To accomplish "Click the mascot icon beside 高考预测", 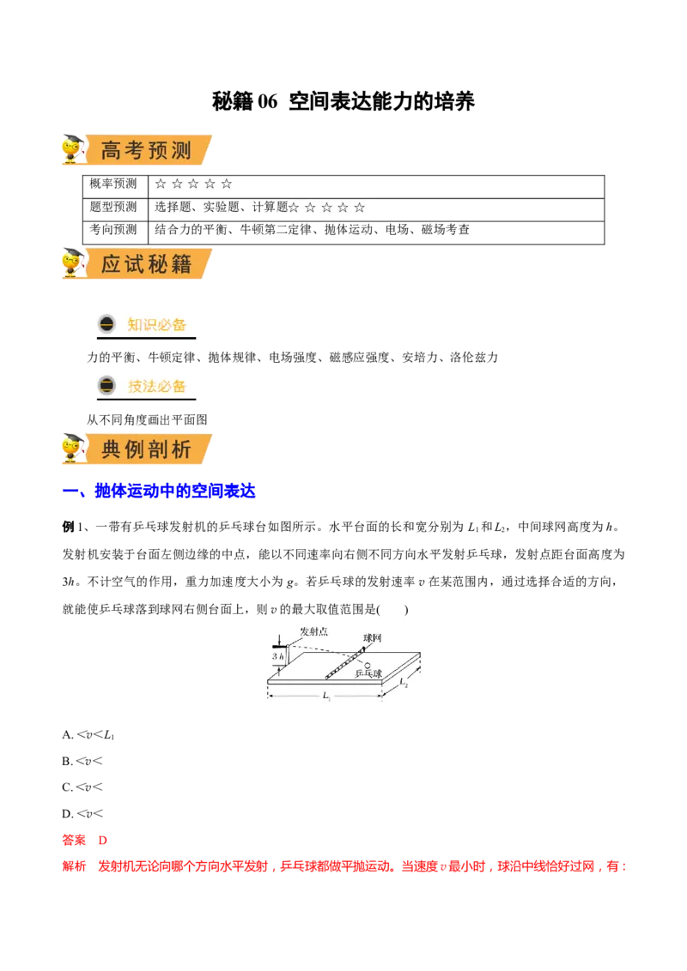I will [x=75, y=151].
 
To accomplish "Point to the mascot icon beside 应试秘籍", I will [x=75, y=262].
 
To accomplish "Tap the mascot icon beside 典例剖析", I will [x=75, y=448].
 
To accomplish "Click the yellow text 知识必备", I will [x=156, y=324].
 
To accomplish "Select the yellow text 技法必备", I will [x=156, y=386].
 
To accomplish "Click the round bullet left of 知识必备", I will [x=106, y=324].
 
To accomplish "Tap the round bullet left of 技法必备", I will [x=106, y=386].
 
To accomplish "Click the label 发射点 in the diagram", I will [x=313, y=632].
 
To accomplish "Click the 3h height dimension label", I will [x=277, y=656].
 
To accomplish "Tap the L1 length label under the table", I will [x=326, y=697].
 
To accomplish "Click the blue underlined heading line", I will [x=172, y=492].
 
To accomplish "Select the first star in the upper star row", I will [x=160, y=184].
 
